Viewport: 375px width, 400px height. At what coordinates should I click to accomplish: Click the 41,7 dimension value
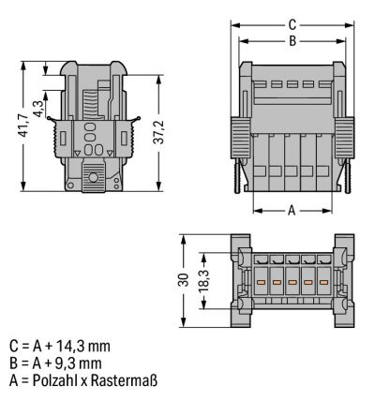tap(22, 126)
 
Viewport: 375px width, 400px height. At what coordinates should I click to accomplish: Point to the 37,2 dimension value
tap(159, 132)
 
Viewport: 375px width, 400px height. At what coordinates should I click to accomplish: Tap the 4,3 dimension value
tap(39, 109)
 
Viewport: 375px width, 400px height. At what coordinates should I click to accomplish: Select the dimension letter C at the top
tap(292, 25)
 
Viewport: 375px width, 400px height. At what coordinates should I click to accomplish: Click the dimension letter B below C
tap(292, 41)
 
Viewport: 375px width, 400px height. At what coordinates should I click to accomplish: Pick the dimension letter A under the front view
tap(292, 210)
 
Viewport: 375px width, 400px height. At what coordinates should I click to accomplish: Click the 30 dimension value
tap(184, 280)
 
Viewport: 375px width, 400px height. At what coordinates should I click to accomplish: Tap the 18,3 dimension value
tap(203, 280)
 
